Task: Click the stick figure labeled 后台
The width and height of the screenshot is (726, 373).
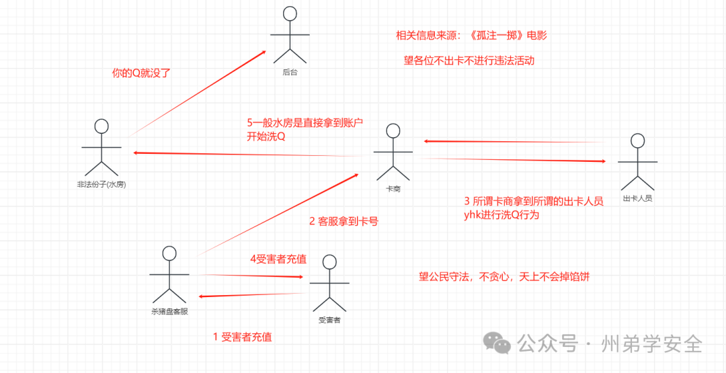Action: (x=290, y=34)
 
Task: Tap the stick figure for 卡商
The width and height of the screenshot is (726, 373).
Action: (x=393, y=152)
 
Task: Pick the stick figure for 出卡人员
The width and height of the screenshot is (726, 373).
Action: (x=637, y=162)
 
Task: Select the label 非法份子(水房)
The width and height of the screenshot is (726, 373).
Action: (x=102, y=185)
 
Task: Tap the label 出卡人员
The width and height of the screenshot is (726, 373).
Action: (x=637, y=199)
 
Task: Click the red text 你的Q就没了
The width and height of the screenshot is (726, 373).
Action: (x=142, y=73)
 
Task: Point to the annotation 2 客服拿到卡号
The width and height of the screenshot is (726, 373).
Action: (x=344, y=220)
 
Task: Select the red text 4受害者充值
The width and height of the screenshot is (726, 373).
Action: (x=278, y=259)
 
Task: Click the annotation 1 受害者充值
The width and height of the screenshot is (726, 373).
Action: (x=242, y=337)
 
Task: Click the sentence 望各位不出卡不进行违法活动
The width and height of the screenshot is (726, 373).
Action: (x=469, y=60)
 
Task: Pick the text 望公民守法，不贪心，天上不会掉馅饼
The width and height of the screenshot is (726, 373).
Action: (x=504, y=276)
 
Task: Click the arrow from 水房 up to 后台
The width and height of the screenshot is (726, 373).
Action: (x=195, y=94)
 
